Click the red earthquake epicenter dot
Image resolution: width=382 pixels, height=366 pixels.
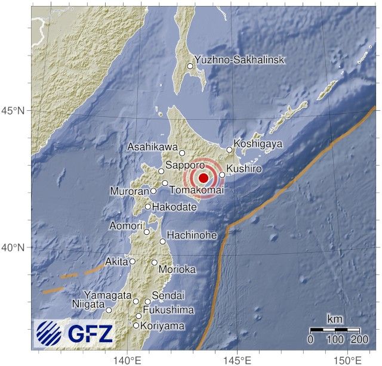click(x=203, y=178)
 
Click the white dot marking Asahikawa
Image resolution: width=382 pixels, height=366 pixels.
click(x=183, y=153)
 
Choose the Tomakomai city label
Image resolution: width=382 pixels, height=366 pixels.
click(x=196, y=190)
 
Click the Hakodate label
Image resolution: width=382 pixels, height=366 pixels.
click(x=174, y=207)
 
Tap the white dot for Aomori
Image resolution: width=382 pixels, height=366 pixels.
click(x=147, y=232)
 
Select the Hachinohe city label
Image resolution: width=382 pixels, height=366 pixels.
click(x=192, y=235)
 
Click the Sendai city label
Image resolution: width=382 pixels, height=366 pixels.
click(x=168, y=296)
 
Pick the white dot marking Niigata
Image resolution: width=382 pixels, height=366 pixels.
click(x=109, y=310)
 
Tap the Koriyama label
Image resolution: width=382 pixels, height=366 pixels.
click(x=163, y=326)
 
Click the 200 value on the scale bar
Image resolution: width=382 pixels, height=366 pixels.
click(x=359, y=340)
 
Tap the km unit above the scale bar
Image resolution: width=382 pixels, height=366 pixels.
click(x=335, y=320)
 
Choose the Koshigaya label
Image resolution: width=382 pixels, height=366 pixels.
click(x=257, y=144)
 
